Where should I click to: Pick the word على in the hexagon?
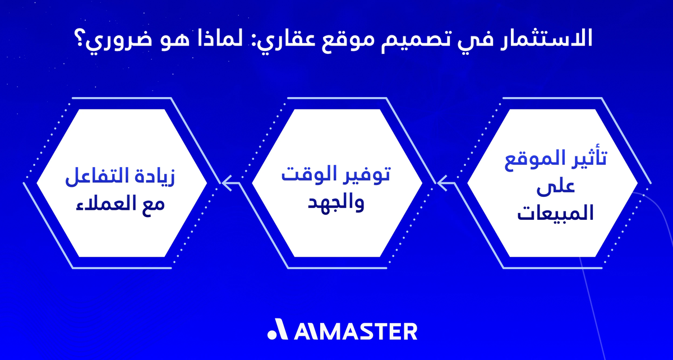point(552,188)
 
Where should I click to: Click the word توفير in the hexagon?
point(363,173)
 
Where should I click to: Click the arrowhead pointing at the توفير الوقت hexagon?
point(441,181)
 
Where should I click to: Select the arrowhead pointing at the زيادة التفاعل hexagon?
point(226,181)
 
